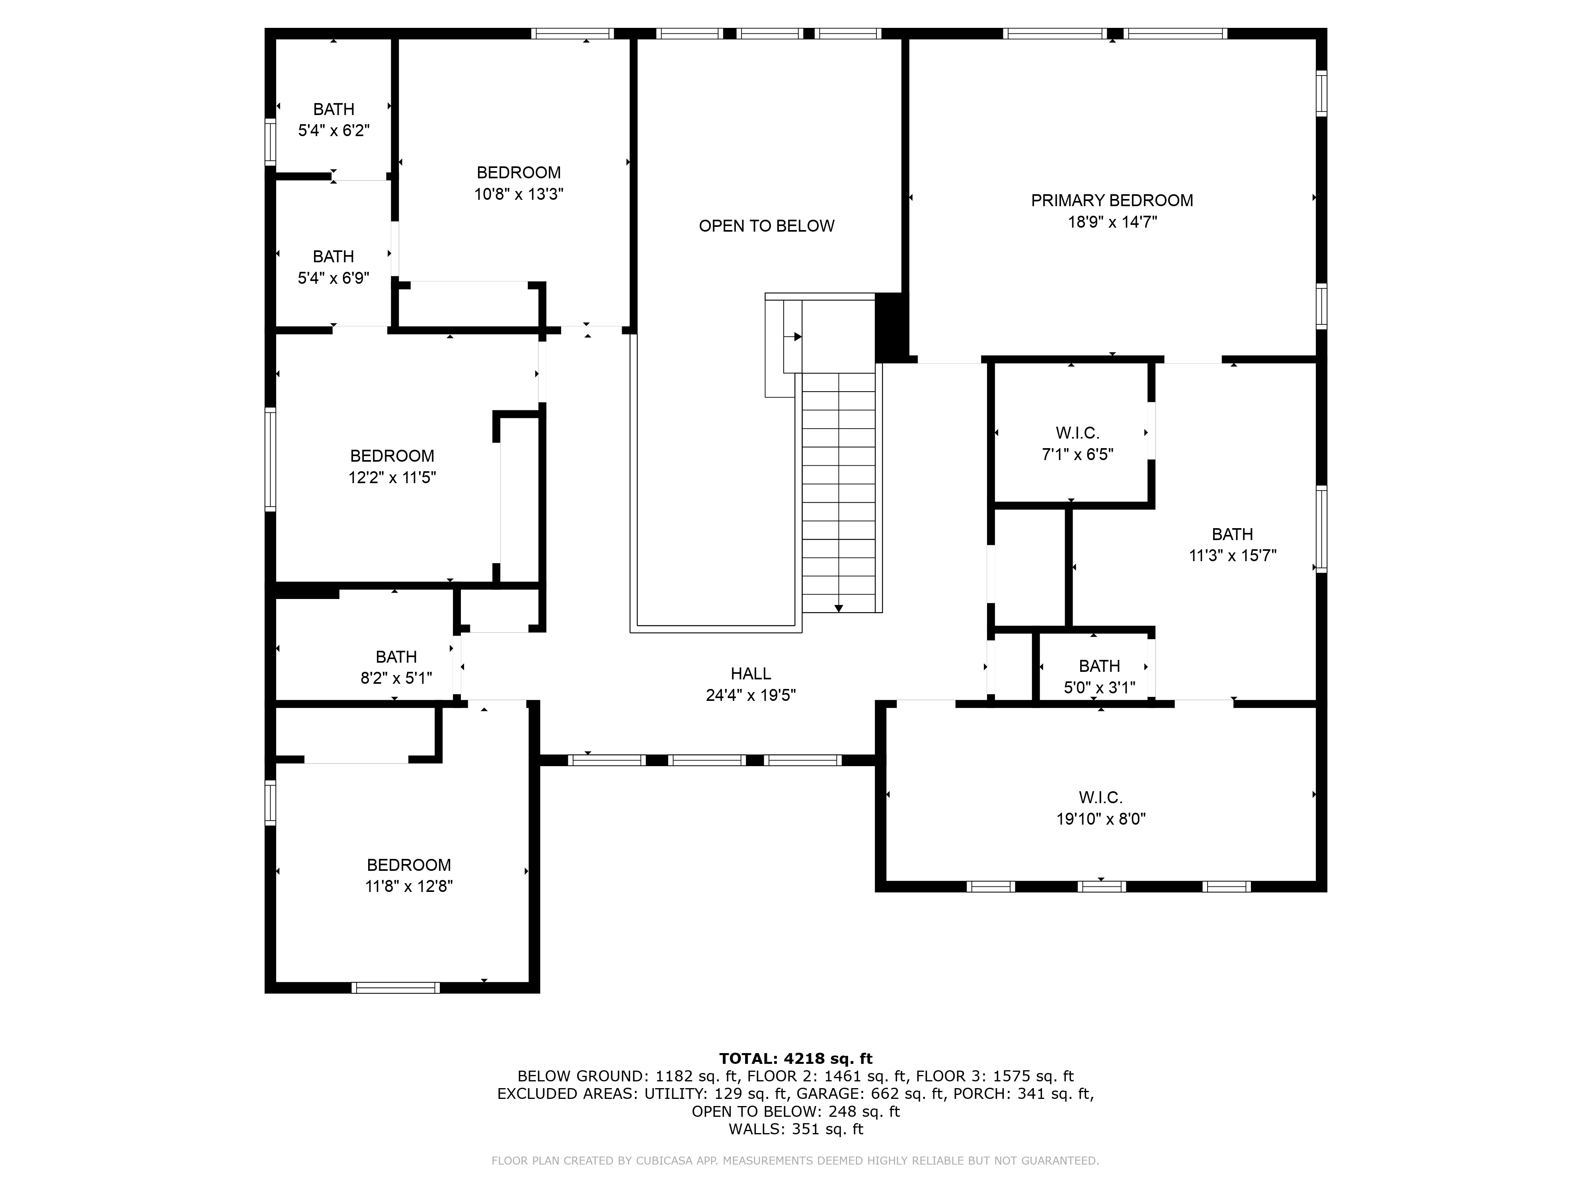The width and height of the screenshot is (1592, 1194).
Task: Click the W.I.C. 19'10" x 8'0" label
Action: tap(1100, 808)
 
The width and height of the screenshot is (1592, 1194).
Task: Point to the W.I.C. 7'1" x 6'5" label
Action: tap(1077, 443)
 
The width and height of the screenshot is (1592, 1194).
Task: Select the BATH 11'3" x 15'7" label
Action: tap(1232, 545)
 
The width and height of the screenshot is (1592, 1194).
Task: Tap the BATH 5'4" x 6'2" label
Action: tap(334, 119)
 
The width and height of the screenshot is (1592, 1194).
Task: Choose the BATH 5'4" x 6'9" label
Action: tap(333, 267)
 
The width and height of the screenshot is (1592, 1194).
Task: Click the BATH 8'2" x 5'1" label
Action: tap(396, 667)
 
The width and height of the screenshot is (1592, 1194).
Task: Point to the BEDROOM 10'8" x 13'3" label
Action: tap(518, 183)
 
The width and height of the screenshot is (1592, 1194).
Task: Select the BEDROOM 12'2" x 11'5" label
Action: tap(392, 466)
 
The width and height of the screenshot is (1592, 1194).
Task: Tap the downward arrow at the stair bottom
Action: tap(839, 608)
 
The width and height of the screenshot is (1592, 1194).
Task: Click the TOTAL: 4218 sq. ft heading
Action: tap(795, 1059)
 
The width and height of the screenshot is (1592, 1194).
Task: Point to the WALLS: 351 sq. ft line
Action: tap(795, 1129)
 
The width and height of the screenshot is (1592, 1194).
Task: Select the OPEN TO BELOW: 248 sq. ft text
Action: tap(795, 1111)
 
